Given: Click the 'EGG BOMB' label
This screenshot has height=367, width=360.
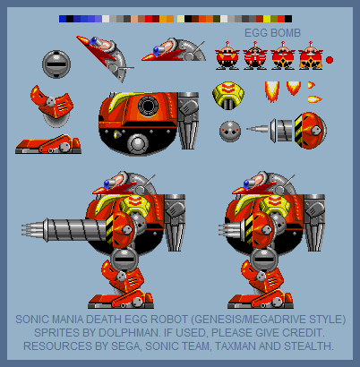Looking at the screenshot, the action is [272, 33].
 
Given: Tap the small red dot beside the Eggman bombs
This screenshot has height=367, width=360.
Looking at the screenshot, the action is [330, 60].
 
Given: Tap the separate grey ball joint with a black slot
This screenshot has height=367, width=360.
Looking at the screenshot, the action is [56, 64].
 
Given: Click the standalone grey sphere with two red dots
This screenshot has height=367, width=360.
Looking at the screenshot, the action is [230, 132].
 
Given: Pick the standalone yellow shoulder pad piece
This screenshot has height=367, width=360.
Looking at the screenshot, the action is [228, 94].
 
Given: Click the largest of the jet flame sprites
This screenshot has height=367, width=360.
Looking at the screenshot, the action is [272, 91].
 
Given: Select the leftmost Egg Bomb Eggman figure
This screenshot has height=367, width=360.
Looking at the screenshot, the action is [227, 56].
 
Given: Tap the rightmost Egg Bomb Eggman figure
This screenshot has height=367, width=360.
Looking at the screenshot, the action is [311, 56].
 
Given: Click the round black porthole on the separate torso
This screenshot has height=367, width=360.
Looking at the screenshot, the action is [148, 106].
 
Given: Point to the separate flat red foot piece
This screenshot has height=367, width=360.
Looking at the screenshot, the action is [48, 145].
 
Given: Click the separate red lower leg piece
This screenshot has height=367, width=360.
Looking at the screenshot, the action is [53, 105].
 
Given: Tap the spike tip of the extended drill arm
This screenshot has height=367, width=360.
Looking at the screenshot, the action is [22, 231].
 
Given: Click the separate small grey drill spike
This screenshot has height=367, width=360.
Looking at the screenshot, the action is [257, 129].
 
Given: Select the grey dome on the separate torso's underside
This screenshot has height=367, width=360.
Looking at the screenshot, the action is [138, 144].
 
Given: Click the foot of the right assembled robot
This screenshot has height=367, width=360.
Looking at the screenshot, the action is [261, 300].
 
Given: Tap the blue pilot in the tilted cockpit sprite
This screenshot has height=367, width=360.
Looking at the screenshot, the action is [94, 41].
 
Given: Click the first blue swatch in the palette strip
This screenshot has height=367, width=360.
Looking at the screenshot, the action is [63, 19].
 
